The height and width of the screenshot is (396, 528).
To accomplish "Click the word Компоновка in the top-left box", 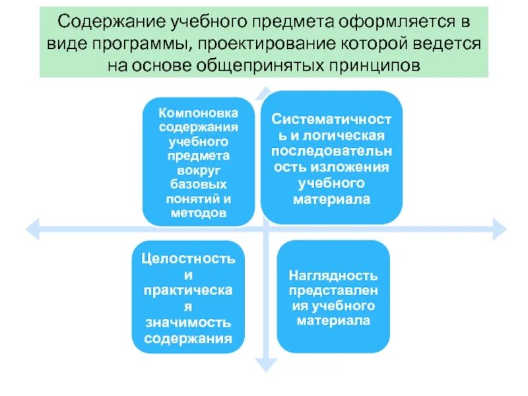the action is point(198,112).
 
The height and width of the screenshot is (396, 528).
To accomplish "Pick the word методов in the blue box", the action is point(198,213).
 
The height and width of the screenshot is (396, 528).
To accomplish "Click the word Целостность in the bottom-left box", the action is point(188,259).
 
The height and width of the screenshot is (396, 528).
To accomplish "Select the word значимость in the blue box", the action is point(188,323).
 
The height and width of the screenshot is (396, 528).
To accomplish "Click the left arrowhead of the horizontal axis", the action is point(31,229).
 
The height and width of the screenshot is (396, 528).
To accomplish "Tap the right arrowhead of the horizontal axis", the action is point(500,229).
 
